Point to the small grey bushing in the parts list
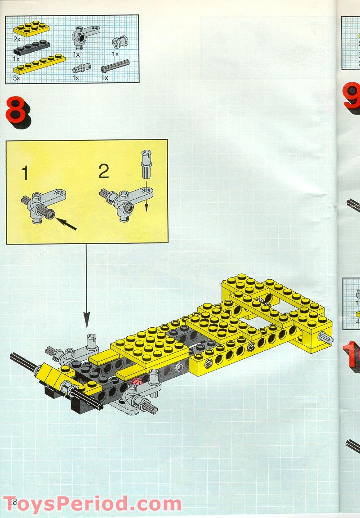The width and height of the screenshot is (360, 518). coord(117,42)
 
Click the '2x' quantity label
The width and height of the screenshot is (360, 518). coord(17,40)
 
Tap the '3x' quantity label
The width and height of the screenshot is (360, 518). coord(17,78)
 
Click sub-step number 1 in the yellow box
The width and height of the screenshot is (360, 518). coord(26,173)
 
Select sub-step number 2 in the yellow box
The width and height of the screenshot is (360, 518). coord(103,171)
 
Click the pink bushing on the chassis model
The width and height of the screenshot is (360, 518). coord(136,383)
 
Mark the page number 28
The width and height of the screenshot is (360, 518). coord(12,502)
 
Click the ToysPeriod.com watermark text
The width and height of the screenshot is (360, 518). coord(92,504)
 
